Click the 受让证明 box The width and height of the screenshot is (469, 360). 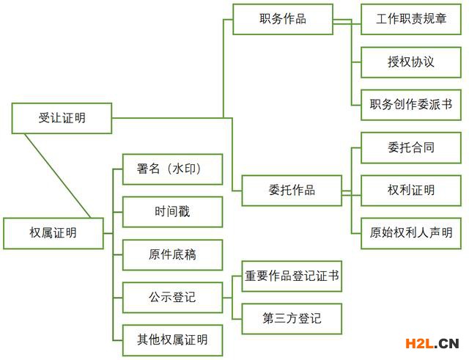[x=62, y=117]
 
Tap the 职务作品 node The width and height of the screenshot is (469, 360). [x=282, y=19]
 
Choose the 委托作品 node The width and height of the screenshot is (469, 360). [x=292, y=191]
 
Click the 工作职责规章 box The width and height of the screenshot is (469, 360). [x=411, y=19]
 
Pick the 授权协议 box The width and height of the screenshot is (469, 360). [x=411, y=62]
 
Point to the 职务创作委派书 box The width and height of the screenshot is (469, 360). [x=411, y=105]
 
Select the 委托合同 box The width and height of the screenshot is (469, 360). [x=411, y=147]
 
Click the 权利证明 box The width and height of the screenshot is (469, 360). [x=411, y=191]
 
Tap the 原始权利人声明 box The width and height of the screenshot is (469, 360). [x=411, y=233]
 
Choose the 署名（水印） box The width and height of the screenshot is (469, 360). [x=172, y=169]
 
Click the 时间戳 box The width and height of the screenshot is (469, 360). [x=172, y=212]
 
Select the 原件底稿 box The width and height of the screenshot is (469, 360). [x=172, y=255]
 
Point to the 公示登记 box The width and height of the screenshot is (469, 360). [x=172, y=298]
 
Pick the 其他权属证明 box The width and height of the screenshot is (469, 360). [x=172, y=339]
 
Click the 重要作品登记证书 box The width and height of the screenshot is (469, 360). [x=292, y=276]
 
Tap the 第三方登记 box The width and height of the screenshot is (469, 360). [x=292, y=319]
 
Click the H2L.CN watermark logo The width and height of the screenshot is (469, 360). [x=427, y=342]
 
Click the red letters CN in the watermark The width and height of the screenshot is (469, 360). [x=448, y=342]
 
